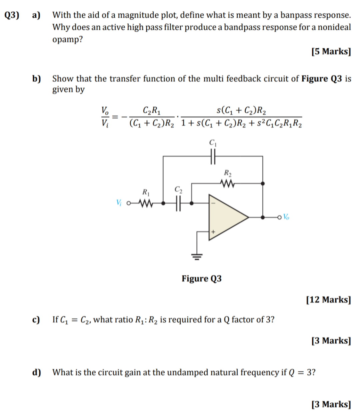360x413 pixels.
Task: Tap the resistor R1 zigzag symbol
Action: (x=145, y=203)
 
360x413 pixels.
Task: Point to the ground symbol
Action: (x=197, y=256)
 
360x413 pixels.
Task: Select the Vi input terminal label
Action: (x=119, y=202)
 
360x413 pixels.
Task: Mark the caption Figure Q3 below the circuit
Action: (x=201, y=278)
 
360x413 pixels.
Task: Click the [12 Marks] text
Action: (x=328, y=300)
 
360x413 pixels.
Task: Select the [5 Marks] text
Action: (x=331, y=52)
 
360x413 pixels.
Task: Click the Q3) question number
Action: (x=12, y=15)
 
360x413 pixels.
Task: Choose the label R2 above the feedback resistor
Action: (x=228, y=173)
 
